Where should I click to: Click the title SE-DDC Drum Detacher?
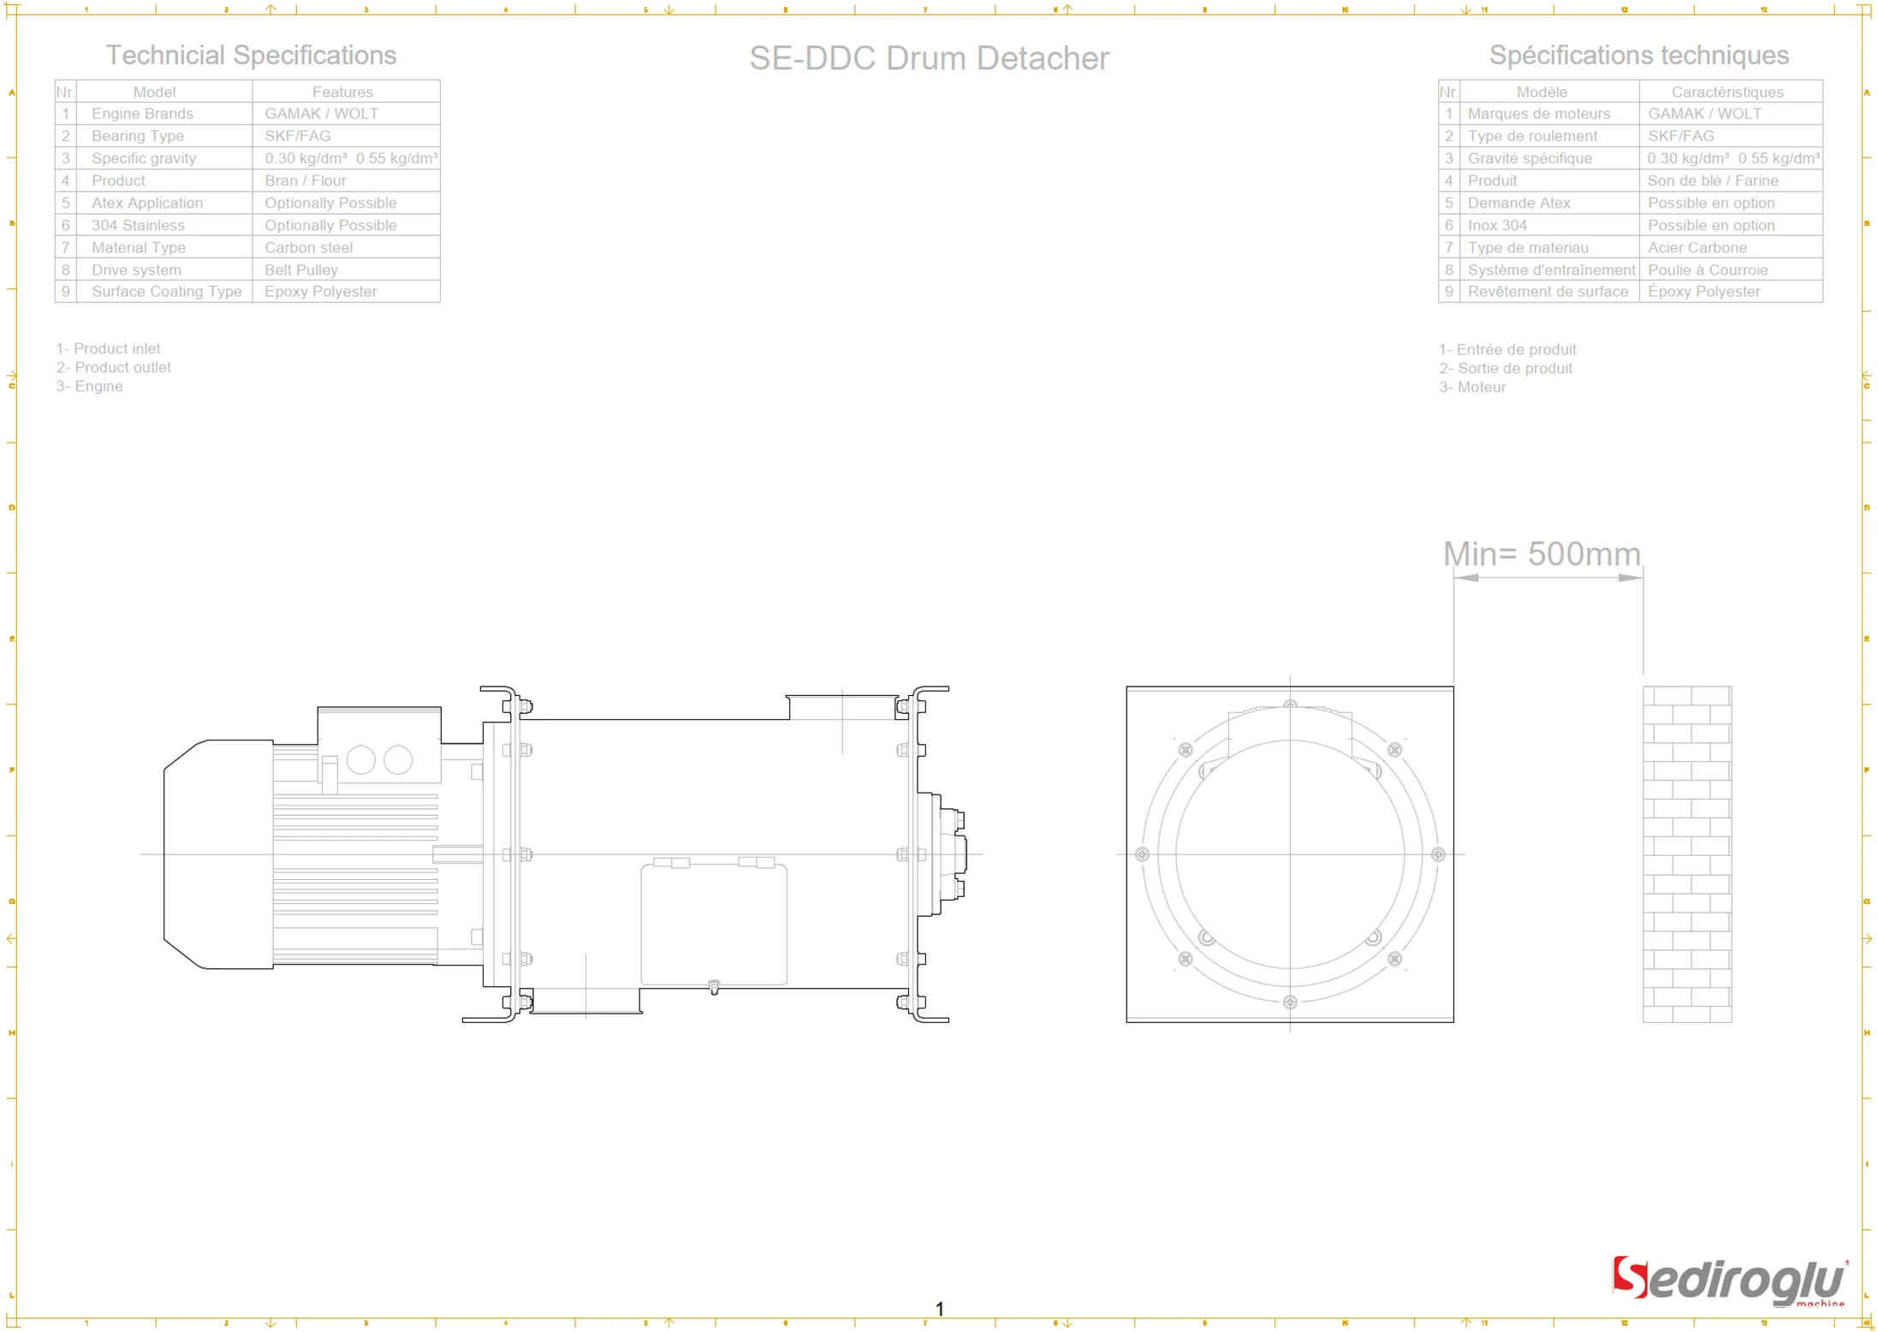point(929,58)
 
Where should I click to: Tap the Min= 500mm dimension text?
point(1542,554)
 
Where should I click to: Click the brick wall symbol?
point(1686,853)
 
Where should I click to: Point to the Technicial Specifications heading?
point(251,55)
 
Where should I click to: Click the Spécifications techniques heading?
point(1638,55)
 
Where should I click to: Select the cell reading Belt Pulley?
point(301,270)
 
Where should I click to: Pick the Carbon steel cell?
point(308,247)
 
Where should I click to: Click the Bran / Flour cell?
point(305,181)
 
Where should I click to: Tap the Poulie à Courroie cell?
point(1708,270)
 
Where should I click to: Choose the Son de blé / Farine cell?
point(1712,181)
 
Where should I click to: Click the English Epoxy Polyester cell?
point(320,292)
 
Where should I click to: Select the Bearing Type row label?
point(138,136)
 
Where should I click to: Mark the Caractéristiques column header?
point(1726,92)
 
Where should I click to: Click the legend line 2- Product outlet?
point(114,367)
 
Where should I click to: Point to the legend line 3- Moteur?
point(1472,387)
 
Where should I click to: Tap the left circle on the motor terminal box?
point(361,759)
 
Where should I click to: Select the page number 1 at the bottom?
point(939,1308)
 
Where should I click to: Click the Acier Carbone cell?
point(1697,247)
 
